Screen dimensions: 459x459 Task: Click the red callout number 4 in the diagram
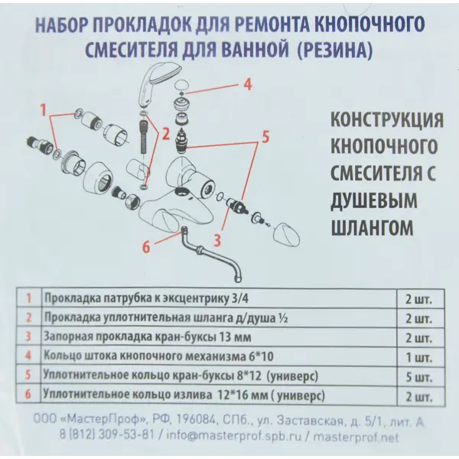[x=247, y=86]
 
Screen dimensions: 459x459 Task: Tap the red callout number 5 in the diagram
[x=265, y=138]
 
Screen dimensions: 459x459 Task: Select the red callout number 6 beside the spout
[x=147, y=245]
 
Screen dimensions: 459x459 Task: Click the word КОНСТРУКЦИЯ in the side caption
[x=386, y=122]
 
